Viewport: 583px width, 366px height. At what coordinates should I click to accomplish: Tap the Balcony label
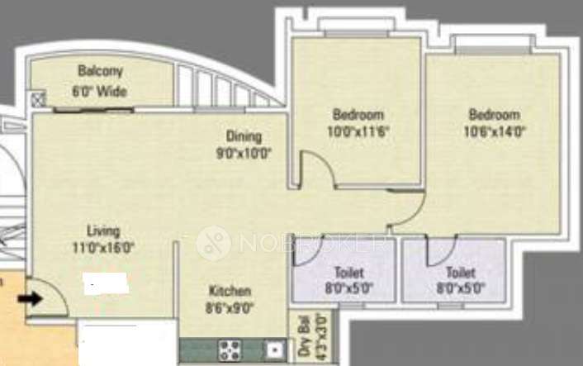point(101,70)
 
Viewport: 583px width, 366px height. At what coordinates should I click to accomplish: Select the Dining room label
point(244,136)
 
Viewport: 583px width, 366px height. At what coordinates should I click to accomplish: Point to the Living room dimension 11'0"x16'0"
point(103,246)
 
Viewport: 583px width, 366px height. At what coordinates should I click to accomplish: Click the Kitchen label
point(230,292)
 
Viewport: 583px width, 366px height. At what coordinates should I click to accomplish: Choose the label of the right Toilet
point(460,273)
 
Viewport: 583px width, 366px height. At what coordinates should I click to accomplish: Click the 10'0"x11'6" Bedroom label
point(358,115)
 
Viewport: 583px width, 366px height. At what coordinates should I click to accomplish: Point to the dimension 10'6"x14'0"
point(495,131)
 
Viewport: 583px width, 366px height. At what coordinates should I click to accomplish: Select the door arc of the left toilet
point(307,250)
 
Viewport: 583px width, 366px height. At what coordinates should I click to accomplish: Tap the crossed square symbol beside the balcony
point(38,101)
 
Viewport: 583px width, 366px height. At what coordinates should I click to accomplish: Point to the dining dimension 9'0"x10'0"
point(244,153)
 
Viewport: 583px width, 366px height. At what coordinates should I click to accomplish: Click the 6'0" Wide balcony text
point(101,91)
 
